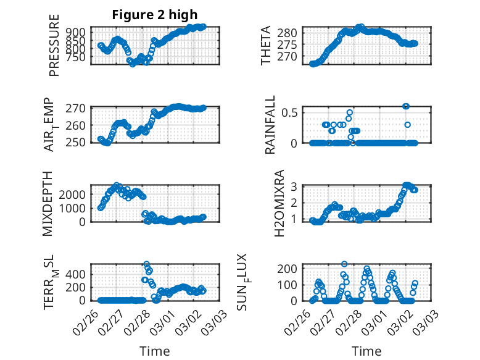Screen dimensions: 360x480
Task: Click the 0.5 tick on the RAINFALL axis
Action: [291, 112]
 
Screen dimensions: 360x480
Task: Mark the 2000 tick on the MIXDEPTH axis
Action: [73, 194]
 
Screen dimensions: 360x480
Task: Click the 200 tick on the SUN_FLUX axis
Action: [290, 268]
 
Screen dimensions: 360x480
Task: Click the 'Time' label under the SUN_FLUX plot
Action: [366, 351]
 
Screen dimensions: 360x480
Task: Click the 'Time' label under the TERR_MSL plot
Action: [155, 351]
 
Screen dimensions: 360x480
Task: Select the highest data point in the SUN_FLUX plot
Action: [344, 264]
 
